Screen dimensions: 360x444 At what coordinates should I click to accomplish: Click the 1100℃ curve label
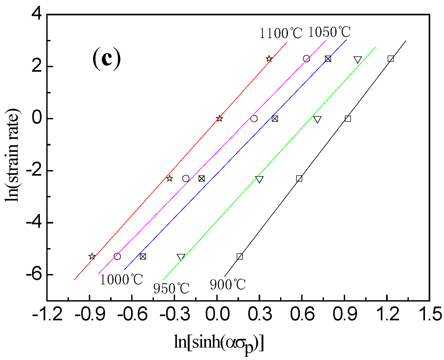click(x=280, y=34)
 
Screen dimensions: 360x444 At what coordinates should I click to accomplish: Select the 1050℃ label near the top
click(x=329, y=32)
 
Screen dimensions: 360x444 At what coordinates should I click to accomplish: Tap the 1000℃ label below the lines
click(x=121, y=280)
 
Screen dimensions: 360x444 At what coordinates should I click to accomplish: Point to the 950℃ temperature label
click(x=171, y=288)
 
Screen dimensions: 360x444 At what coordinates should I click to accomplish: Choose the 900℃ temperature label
click(x=228, y=285)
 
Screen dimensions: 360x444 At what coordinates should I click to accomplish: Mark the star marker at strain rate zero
click(x=219, y=119)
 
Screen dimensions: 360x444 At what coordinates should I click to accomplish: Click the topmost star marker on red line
click(x=269, y=59)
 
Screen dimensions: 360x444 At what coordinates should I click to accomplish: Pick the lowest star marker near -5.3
click(x=92, y=256)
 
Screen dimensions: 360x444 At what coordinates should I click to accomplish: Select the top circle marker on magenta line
click(x=306, y=59)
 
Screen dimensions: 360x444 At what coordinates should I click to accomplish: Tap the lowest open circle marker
click(x=117, y=256)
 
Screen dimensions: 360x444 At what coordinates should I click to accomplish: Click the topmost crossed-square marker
click(x=328, y=59)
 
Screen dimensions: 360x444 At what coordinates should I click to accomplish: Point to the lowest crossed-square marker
click(x=143, y=256)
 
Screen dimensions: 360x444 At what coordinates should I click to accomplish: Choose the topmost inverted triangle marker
click(x=358, y=60)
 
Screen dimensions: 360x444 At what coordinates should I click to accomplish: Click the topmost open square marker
click(x=391, y=59)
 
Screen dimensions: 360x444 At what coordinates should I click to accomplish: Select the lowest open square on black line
click(x=240, y=256)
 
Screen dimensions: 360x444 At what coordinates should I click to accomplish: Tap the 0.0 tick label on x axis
click(x=217, y=315)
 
